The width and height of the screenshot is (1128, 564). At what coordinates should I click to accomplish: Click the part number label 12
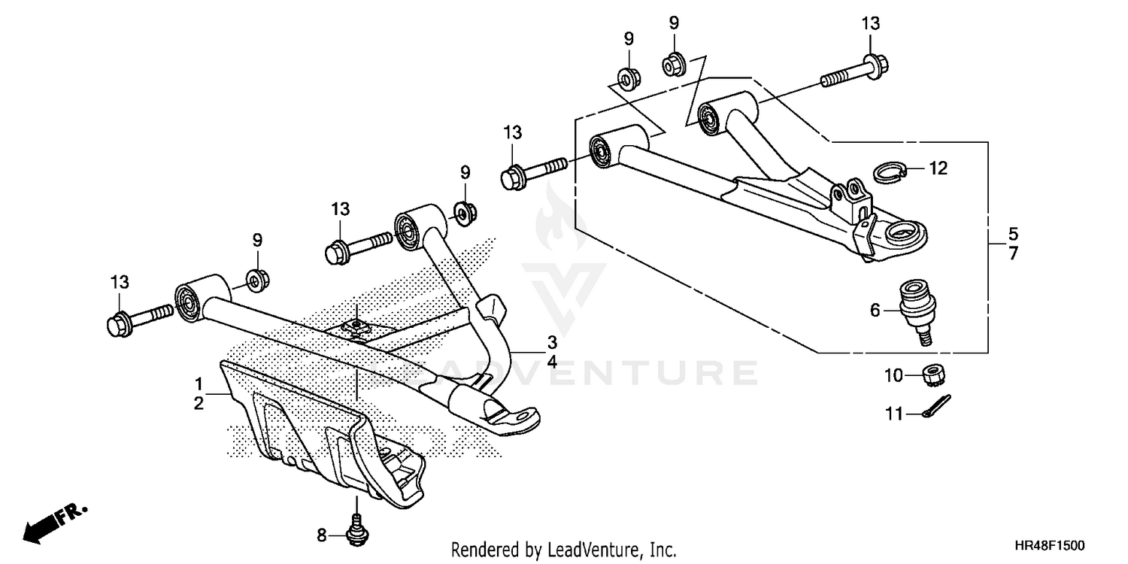pos(938,168)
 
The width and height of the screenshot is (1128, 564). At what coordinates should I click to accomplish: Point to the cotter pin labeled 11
pos(937,407)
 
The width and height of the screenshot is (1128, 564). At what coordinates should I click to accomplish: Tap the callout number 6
pos(875,310)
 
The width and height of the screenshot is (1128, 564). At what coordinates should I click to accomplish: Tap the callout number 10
pos(892,375)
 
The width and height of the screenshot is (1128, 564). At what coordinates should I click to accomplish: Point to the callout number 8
pos(321,535)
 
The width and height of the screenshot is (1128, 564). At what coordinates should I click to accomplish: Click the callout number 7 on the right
pos(1013,254)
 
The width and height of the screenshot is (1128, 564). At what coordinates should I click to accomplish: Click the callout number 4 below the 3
pos(552,362)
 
